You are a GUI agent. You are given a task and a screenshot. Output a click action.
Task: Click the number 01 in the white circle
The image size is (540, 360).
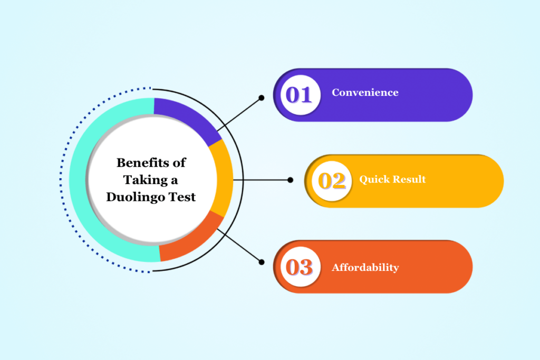point(299,95)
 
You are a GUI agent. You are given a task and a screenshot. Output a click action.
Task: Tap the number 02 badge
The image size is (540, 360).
point(332,181)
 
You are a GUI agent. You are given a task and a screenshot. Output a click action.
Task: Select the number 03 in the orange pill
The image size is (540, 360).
point(299,267)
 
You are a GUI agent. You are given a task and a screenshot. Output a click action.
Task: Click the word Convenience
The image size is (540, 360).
point(365,93)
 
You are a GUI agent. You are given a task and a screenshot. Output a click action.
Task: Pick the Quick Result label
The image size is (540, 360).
point(392,179)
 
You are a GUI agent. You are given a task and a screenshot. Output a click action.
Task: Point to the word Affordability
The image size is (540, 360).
point(365,268)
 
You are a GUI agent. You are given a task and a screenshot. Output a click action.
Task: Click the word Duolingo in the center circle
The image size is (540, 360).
point(132,197)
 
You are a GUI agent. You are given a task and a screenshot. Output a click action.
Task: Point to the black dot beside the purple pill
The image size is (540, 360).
point(261,98)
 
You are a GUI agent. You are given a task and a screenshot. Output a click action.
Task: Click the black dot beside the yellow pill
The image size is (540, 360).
point(290,180)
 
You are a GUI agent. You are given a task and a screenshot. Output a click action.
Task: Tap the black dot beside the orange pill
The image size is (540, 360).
point(261,261)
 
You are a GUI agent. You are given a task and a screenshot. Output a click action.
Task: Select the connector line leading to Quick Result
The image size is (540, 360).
point(264,180)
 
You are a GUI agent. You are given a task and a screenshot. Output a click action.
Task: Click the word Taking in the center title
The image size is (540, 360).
point(143,180)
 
